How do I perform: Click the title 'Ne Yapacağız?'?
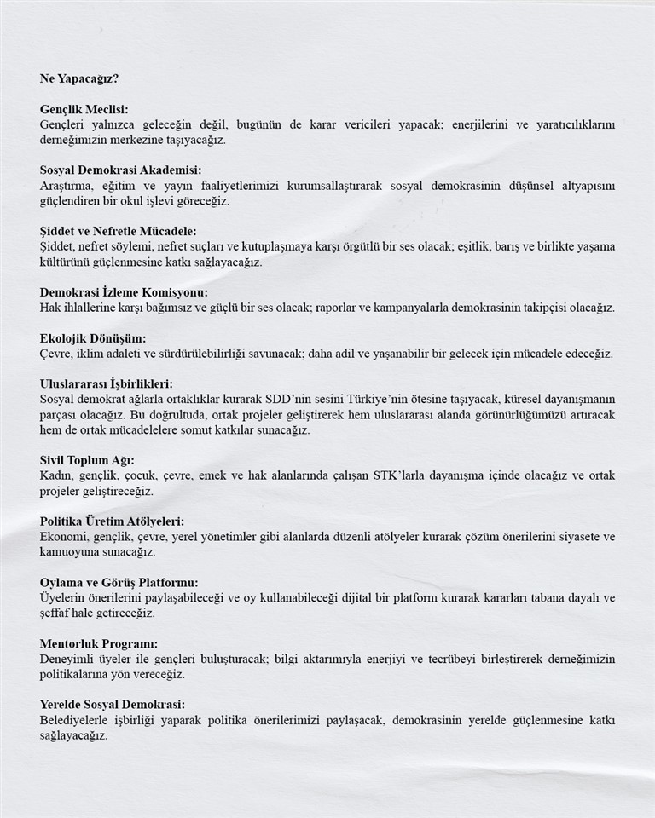point(79,78)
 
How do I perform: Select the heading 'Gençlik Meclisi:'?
point(84,109)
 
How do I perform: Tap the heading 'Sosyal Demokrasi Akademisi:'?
point(120,170)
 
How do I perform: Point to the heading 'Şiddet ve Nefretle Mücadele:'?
point(118,231)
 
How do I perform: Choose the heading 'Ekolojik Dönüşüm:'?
point(93,338)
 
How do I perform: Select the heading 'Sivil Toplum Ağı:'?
point(87,460)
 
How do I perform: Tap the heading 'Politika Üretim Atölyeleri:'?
point(112,521)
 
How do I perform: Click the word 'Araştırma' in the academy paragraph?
point(67,186)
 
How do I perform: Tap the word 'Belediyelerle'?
point(76,720)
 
